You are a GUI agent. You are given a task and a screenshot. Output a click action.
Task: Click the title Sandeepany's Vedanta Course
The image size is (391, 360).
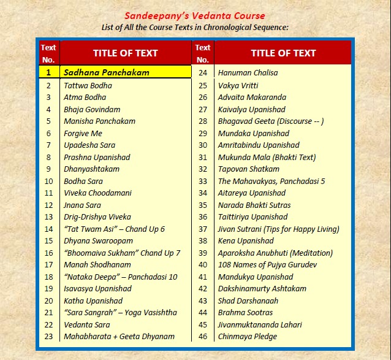(x=195, y=16)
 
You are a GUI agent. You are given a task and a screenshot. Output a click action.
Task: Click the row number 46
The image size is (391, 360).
(x=203, y=336)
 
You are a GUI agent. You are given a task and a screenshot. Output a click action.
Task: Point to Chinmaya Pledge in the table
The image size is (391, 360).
(x=248, y=336)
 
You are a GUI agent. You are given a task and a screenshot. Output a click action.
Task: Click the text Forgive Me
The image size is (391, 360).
(x=83, y=133)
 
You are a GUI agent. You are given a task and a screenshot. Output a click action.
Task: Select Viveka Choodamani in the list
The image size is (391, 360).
(x=97, y=193)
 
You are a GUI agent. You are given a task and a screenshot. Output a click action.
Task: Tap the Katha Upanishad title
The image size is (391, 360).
(x=93, y=301)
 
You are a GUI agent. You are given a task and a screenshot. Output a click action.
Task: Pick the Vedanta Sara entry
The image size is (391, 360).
(x=87, y=324)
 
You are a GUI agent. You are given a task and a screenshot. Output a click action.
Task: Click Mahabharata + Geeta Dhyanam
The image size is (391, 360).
(x=119, y=336)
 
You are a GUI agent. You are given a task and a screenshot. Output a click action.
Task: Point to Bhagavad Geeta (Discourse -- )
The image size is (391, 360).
(x=271, y=121)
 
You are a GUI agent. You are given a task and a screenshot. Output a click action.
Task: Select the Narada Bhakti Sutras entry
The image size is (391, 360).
(x=254, y=205)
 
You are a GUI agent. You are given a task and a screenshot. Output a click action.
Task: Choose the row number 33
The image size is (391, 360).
(x=203, y=181)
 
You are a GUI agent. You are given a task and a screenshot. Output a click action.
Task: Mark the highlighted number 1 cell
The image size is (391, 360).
(x=48, y=72)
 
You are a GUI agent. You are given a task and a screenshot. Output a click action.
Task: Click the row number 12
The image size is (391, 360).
(x=48, y=205)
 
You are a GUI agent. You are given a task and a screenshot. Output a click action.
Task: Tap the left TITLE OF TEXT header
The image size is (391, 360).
(x=125, y=53)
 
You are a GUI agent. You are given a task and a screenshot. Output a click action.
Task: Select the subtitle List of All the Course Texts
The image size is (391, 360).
(x=195, y=28)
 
